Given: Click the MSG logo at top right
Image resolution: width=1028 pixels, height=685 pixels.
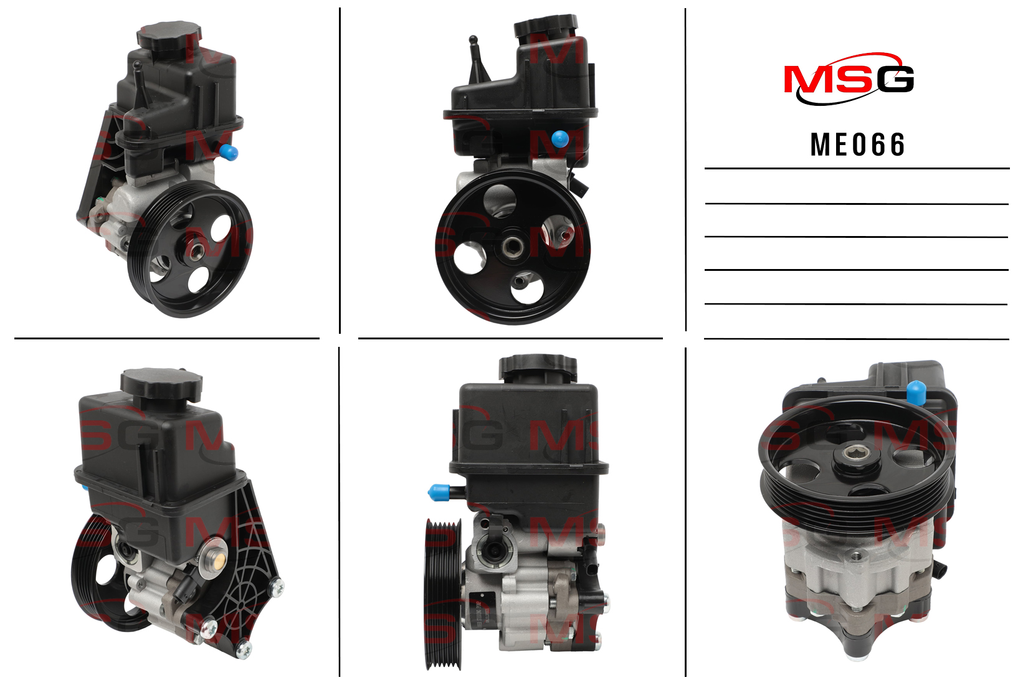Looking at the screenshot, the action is [x=849, y=79].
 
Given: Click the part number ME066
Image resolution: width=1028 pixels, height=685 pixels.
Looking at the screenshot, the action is [x=857, y=144].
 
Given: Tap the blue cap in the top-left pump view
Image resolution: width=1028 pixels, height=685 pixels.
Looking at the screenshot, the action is [x=229, y=152].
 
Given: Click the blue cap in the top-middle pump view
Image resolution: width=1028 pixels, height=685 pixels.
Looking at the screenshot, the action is [x=559, y=139].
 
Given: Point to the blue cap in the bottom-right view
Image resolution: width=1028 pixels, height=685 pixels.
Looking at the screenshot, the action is [x=916, y=393].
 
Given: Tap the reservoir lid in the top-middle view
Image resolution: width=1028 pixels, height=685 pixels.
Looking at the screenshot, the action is [x=545, y=26].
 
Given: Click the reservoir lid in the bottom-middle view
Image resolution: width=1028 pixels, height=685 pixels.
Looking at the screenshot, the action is [x=538, y=367].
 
